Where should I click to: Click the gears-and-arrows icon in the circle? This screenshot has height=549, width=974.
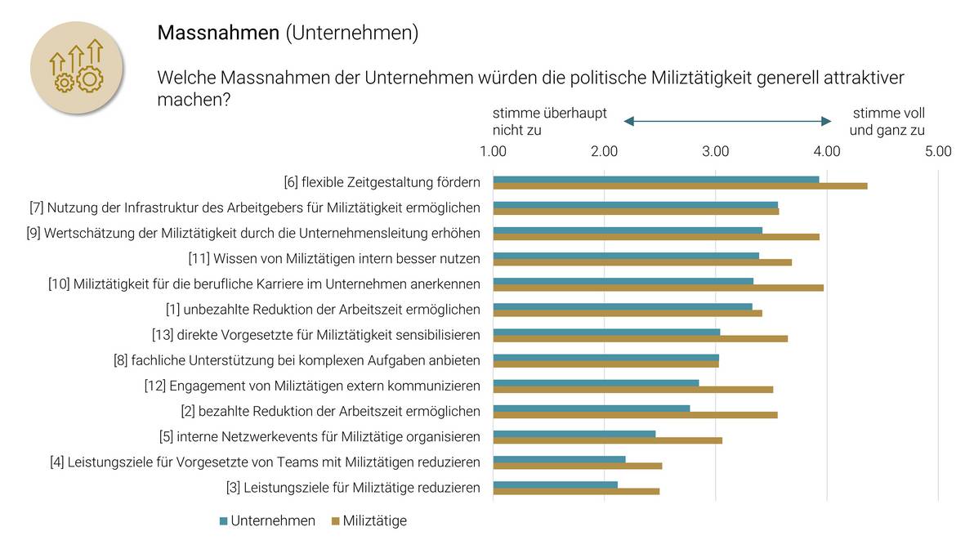[77, 68]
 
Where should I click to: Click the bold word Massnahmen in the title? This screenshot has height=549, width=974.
[217, 33]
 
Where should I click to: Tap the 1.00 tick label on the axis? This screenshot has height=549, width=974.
[494, 151]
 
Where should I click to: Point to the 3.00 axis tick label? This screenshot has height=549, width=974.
[716, 151]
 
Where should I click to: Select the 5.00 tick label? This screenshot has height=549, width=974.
[938, 151]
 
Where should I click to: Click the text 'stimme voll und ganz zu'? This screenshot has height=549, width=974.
[888, 121]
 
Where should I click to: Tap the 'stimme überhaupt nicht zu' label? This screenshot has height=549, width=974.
[549, 121]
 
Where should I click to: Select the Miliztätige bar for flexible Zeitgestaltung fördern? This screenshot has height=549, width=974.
[680, 186]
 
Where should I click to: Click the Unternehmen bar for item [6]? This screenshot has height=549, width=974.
[656, 180]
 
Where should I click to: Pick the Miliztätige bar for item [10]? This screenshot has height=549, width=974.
[659, 288]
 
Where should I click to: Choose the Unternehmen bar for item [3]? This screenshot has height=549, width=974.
[556, 484]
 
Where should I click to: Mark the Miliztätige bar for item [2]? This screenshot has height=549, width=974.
[636, 415]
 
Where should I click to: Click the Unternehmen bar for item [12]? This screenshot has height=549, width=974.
[596, 382]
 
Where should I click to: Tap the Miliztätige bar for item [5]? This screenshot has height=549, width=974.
[608, 440]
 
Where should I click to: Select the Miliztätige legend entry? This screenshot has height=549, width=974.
[369, 520]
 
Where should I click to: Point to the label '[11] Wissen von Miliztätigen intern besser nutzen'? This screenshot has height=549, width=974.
[334, 259]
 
